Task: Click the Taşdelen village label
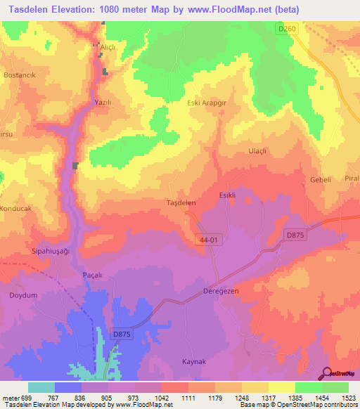[181, 202]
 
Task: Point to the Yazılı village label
[103, 103]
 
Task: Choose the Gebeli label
[320, 180]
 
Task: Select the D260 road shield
[285, 28]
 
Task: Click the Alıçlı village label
[108, 47]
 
